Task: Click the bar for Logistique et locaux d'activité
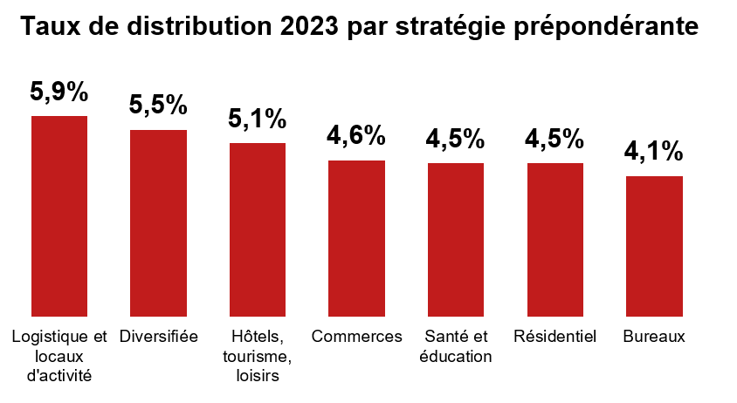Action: pos(59,215)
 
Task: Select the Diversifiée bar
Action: pos(158,222)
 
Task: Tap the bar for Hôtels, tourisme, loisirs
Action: pos(258,229)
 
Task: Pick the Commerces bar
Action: pos(356,237)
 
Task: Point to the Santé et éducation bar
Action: pos(456,239)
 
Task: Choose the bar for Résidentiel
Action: pos(555,239)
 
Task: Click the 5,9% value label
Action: pos(59,91)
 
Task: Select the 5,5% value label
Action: pos(158,105)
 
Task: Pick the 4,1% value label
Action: pos(654,151)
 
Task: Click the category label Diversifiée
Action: pos(159,337)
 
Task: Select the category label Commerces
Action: pos(356,337)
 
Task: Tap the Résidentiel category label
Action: pos(555,337)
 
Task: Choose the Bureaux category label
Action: pos(654,337)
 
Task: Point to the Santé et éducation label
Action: pos(456,346)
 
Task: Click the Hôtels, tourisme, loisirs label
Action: pos(258,356)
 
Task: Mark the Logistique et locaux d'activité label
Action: pos(59,356)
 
